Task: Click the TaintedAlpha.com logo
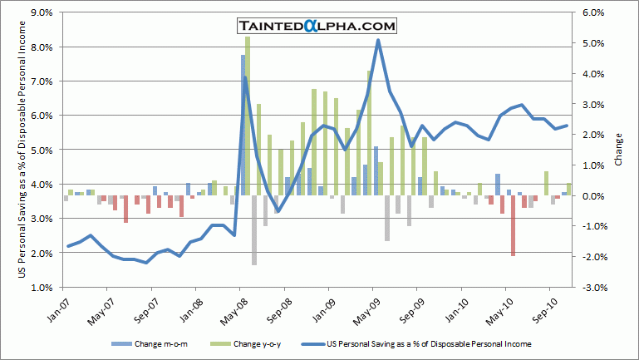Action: tap(315, 26)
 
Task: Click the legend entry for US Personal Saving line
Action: tap(428, 343)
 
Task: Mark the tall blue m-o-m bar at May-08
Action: tap(243, 125)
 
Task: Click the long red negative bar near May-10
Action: tap(513, 225)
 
